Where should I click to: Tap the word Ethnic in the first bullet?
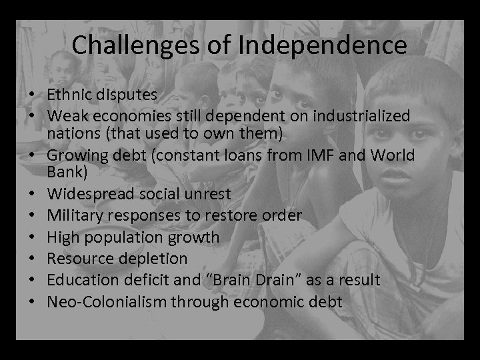coord(69,95)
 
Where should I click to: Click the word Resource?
coord(78,258)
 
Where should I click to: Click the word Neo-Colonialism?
coord(107,301)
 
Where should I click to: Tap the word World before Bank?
coord(392,155)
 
